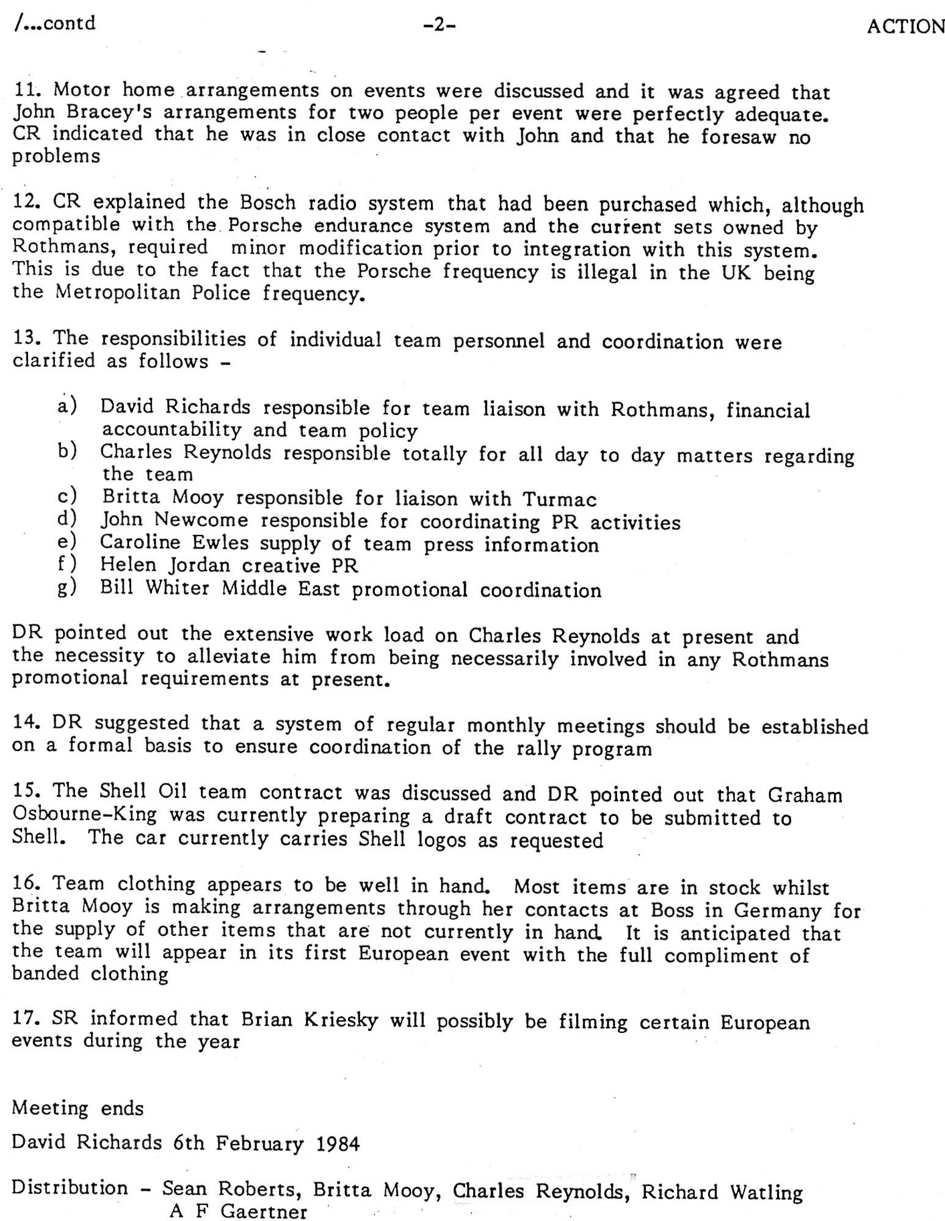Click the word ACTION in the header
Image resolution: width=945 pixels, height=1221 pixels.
[x=905, y=27]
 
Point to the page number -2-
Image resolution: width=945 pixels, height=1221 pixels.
[x=439, y=25]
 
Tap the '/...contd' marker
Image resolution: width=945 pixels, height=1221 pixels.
[x=54, y=23]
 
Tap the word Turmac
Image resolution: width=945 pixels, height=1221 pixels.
[x=559, y=500]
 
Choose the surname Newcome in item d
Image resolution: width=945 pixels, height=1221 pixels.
[x=201, y=521]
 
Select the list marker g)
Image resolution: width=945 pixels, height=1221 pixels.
[x=67, y=587]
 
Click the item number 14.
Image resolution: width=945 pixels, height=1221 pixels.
[x=26, y=723]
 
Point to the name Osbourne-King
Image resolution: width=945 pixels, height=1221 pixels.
[x=84, y=815]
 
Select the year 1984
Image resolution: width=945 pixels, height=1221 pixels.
[x=338, y=1143]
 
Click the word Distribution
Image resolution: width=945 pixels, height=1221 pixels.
[x=70, y=1188]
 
